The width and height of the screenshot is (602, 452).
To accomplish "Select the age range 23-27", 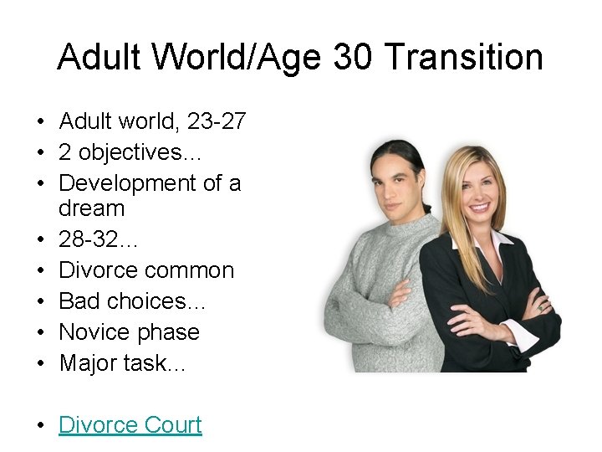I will (x=216, y=121).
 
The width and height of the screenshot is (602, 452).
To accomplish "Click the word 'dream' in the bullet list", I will (x=91, y=208).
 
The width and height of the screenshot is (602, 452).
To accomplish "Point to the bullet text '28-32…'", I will (x=99, y=239).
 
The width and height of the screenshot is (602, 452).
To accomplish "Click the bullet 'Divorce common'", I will (x=146, y=270).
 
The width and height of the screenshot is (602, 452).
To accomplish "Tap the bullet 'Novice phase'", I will (x=129, y=332).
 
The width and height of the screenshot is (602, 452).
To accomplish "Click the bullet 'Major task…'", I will (x=122, y=363).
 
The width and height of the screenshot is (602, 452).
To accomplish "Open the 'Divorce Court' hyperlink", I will (x=130, y=425).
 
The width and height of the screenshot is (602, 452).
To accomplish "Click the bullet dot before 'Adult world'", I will (x=41, y=122).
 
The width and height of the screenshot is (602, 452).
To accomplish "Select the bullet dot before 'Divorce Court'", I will (x=41, y=426).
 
